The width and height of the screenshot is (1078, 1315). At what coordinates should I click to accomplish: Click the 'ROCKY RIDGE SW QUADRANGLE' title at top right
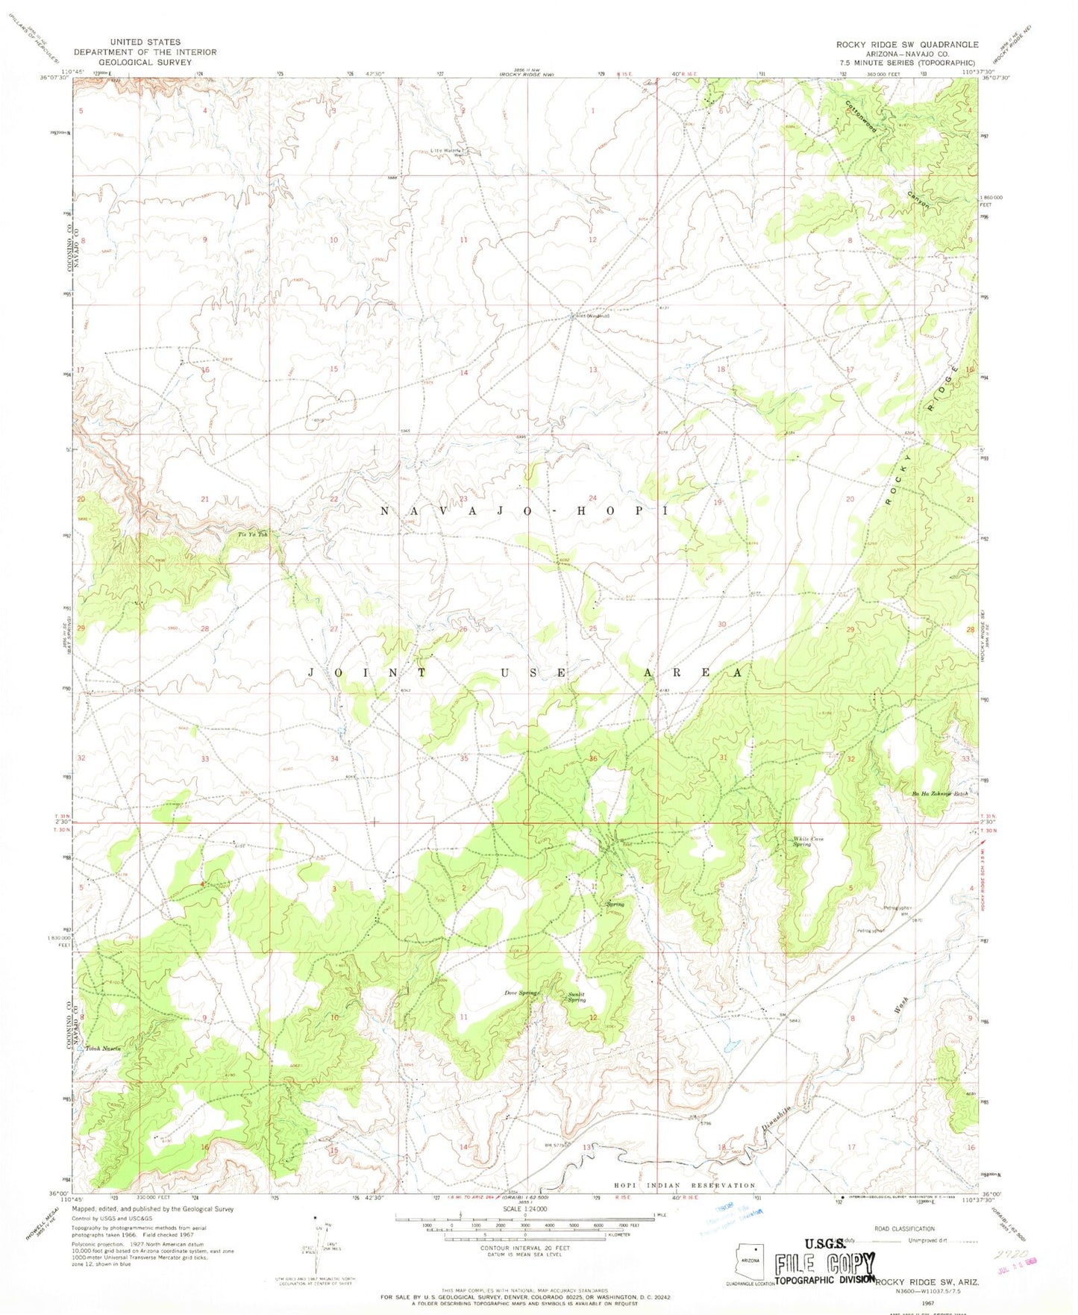point(907,45)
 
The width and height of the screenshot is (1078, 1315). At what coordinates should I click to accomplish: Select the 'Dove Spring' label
point(521,993)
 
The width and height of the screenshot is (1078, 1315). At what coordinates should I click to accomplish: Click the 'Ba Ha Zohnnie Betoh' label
point(939,793)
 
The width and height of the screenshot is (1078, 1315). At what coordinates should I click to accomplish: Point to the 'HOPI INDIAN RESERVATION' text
point(684,1185)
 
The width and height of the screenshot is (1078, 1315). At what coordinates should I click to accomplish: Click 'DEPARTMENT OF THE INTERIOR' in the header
point(145,52)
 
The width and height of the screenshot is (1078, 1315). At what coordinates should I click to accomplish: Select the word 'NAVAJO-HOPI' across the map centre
point(522,511)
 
